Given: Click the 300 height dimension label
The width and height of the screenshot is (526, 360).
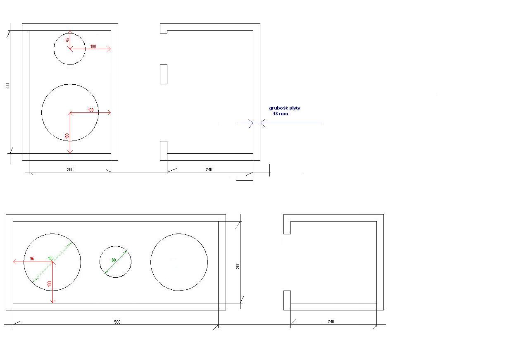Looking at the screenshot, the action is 8,86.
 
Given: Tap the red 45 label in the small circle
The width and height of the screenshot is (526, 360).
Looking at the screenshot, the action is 67,41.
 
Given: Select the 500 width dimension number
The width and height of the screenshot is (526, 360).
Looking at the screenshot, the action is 117,322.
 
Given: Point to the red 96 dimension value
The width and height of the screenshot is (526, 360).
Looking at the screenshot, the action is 32,259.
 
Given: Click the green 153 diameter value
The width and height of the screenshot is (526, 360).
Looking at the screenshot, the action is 50,258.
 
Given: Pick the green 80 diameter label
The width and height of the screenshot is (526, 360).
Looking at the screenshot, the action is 114,260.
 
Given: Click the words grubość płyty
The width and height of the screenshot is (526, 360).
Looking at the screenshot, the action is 285,108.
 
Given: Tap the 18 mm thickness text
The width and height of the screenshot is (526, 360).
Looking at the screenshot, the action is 281,114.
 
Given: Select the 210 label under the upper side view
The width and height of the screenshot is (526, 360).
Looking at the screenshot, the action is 209,169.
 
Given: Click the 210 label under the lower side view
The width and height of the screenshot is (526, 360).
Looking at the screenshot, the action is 331,322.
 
